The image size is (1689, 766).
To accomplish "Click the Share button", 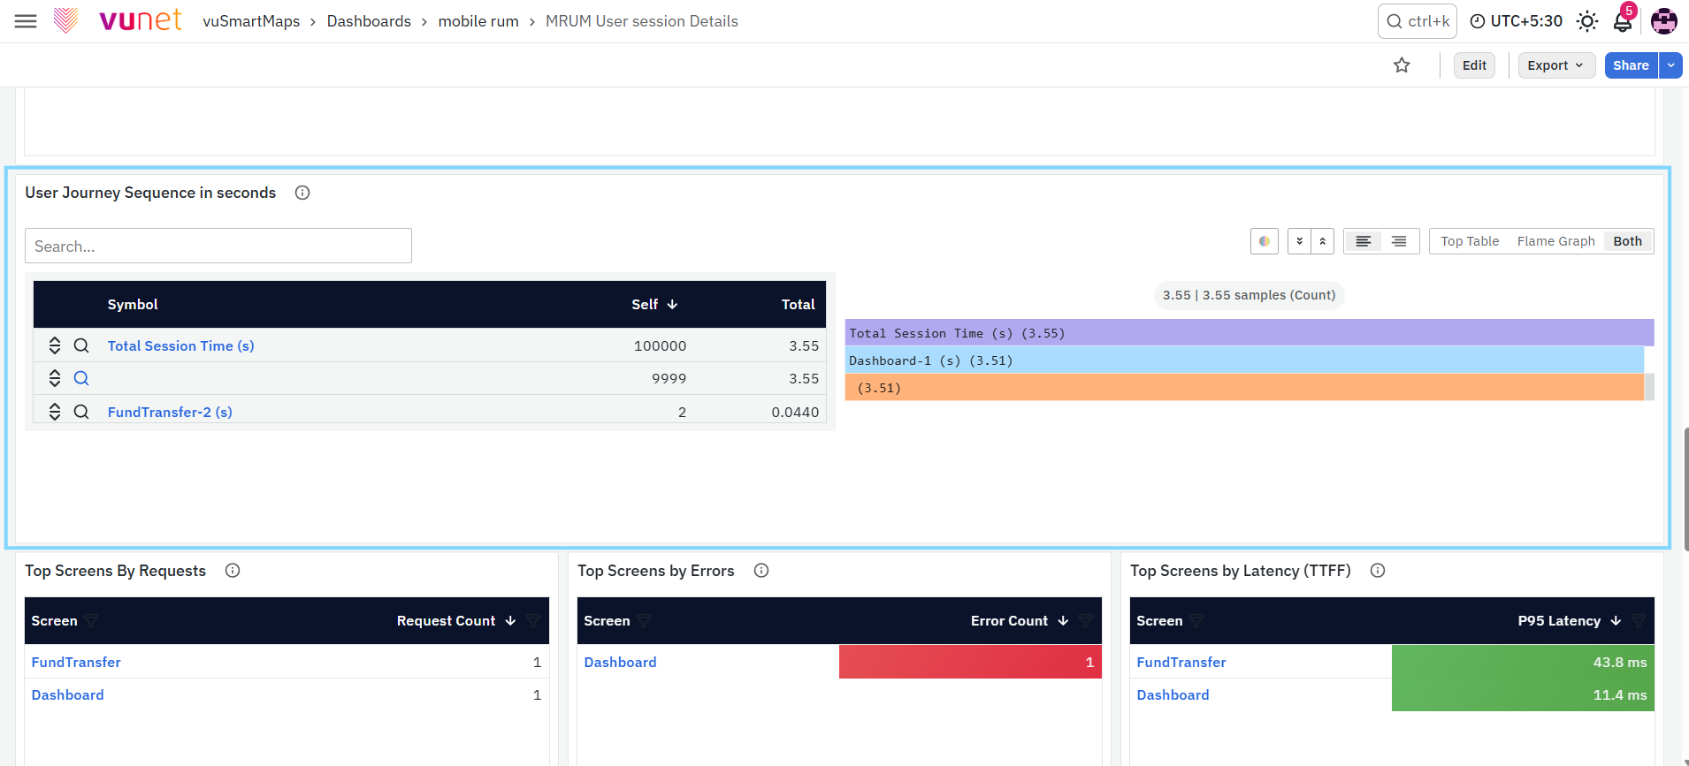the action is click(x=1631, y=65).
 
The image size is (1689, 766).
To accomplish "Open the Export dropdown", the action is click(x=1556, y=65).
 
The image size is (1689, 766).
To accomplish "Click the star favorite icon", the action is click(x=1402, y=65).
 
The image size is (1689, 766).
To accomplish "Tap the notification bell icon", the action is click(x=1623, y=21).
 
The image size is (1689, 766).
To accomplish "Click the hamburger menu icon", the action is click(x=26, y=21).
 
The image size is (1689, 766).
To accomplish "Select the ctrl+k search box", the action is click(x=1418, y=21).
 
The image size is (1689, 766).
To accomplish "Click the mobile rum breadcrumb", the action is click(x=478, y=21).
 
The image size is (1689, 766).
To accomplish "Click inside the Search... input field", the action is click(x=218, y=246).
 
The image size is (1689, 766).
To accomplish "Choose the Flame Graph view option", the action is click(x=1555, y=241).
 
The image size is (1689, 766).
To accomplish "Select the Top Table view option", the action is click(x=1470, y=241).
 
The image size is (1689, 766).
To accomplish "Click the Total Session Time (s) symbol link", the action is click(x=181, y=346).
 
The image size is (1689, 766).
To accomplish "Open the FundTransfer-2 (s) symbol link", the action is click(x=170, y=412).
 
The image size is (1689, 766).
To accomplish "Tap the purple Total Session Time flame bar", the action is click(x=1250, y=333).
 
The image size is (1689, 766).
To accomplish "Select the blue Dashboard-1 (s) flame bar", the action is click(x=1244, y=360).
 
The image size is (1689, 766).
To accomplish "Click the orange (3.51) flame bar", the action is click(x=1244, y=388).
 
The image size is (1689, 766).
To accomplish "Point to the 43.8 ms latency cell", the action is click(x=1523, y=662).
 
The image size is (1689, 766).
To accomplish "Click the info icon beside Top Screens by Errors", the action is click(x=761, y=571).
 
